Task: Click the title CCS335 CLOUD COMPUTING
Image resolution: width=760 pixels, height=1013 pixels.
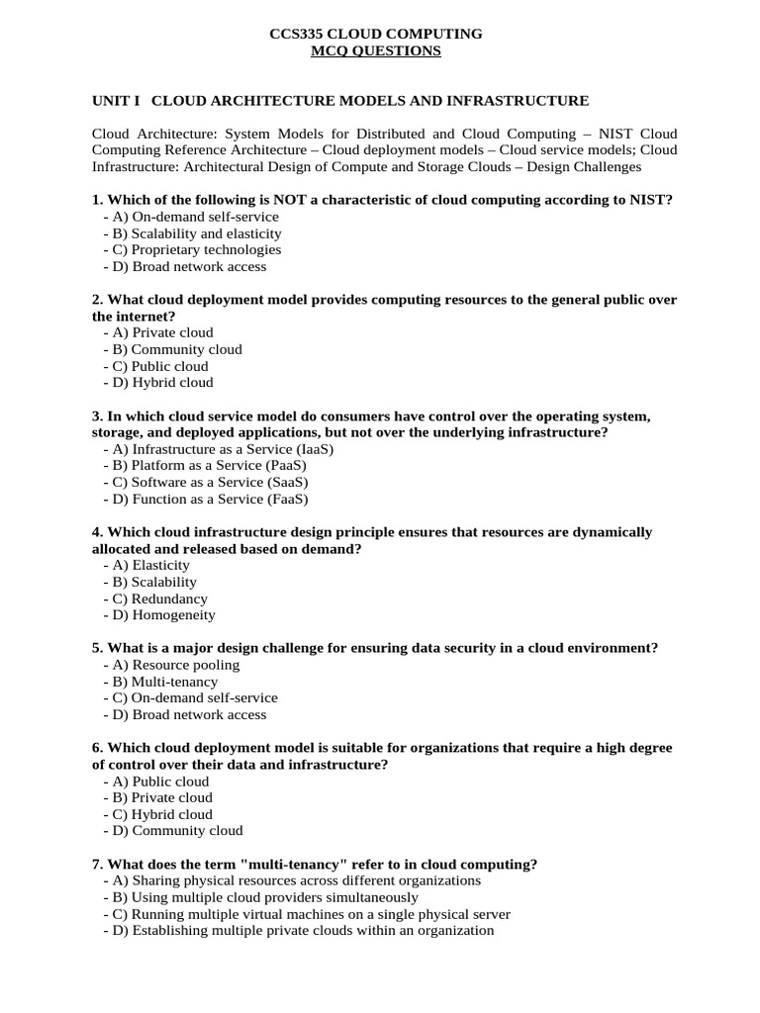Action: [x=376, y=34]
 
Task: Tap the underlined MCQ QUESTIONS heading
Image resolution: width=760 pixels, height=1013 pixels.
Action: [x=376, y=50]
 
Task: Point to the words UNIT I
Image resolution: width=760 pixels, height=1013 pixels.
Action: [x=116, y=101]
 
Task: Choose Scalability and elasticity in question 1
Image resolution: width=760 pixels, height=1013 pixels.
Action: [x=196, y=233]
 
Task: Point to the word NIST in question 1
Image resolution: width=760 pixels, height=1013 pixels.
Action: [x=649, y=200]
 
